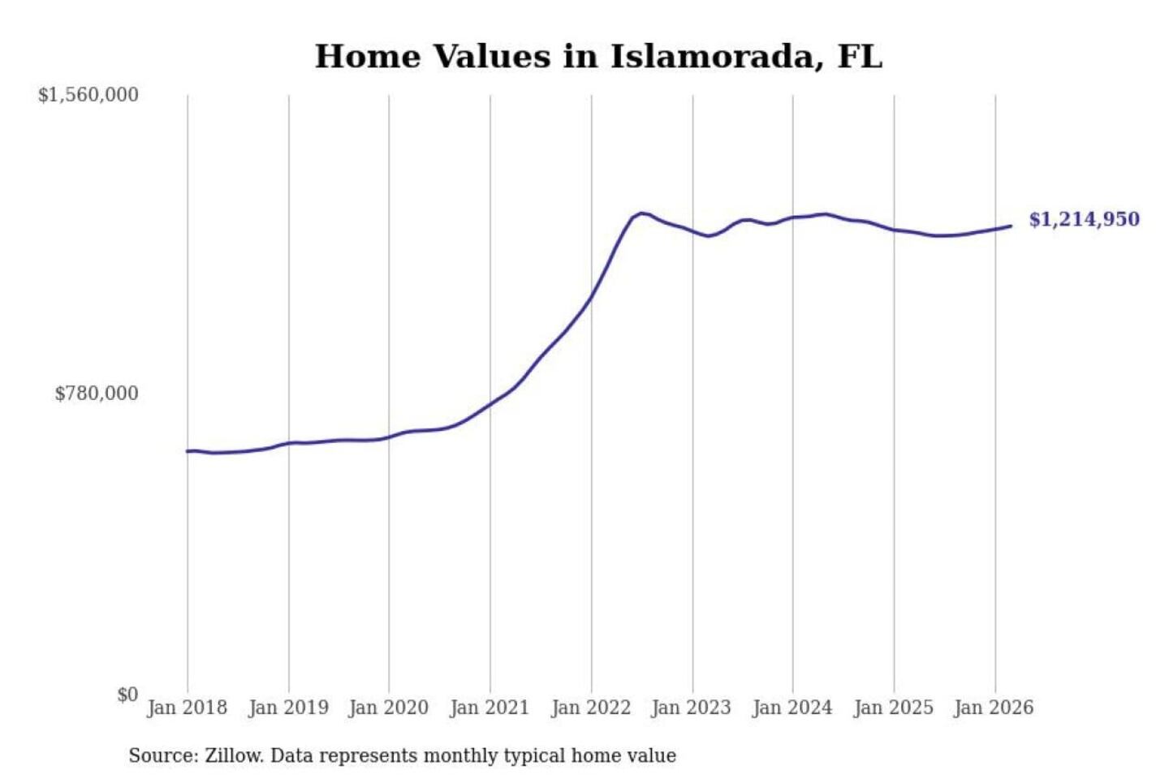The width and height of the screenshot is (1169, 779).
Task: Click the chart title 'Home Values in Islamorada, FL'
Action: click(598, 57)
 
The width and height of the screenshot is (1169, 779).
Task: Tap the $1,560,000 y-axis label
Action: click(88, 95)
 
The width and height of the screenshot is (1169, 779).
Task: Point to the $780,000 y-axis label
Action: click(97, 394)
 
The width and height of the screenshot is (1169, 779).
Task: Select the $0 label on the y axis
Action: click(127, 695)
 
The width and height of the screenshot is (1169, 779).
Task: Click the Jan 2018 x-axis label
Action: click(188, 708)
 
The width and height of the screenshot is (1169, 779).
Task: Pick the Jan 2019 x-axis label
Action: click(288, 708)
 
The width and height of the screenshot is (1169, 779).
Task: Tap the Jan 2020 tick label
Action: click(389, 708)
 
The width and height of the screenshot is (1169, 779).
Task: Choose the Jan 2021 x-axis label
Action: click(490, 708)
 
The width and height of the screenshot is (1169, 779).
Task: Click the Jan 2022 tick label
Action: click(591, 708)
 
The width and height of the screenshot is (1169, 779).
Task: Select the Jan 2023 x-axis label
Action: click(692, 708)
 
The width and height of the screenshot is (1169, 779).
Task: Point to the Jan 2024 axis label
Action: click(792, 708)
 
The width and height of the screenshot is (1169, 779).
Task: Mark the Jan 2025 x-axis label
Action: click(894, 708)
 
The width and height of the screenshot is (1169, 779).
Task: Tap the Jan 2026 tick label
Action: click(994, 708)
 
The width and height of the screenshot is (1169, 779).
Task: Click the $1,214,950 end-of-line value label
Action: click(1085, 220)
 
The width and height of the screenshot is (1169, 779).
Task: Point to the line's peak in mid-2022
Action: click(642, 213)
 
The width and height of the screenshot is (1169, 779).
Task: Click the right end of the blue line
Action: click(1011, 226)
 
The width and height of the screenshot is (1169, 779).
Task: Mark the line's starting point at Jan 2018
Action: click(188, 451)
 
